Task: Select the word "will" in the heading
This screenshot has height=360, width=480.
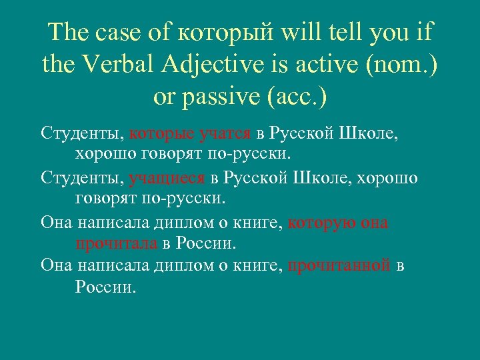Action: point(301,31)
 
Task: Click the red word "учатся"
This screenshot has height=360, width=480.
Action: point(224,135)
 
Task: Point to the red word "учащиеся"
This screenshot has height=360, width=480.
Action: point(167,179)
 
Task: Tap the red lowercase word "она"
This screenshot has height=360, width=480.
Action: point(374,223)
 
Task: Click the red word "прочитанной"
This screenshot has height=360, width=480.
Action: point(339,266)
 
